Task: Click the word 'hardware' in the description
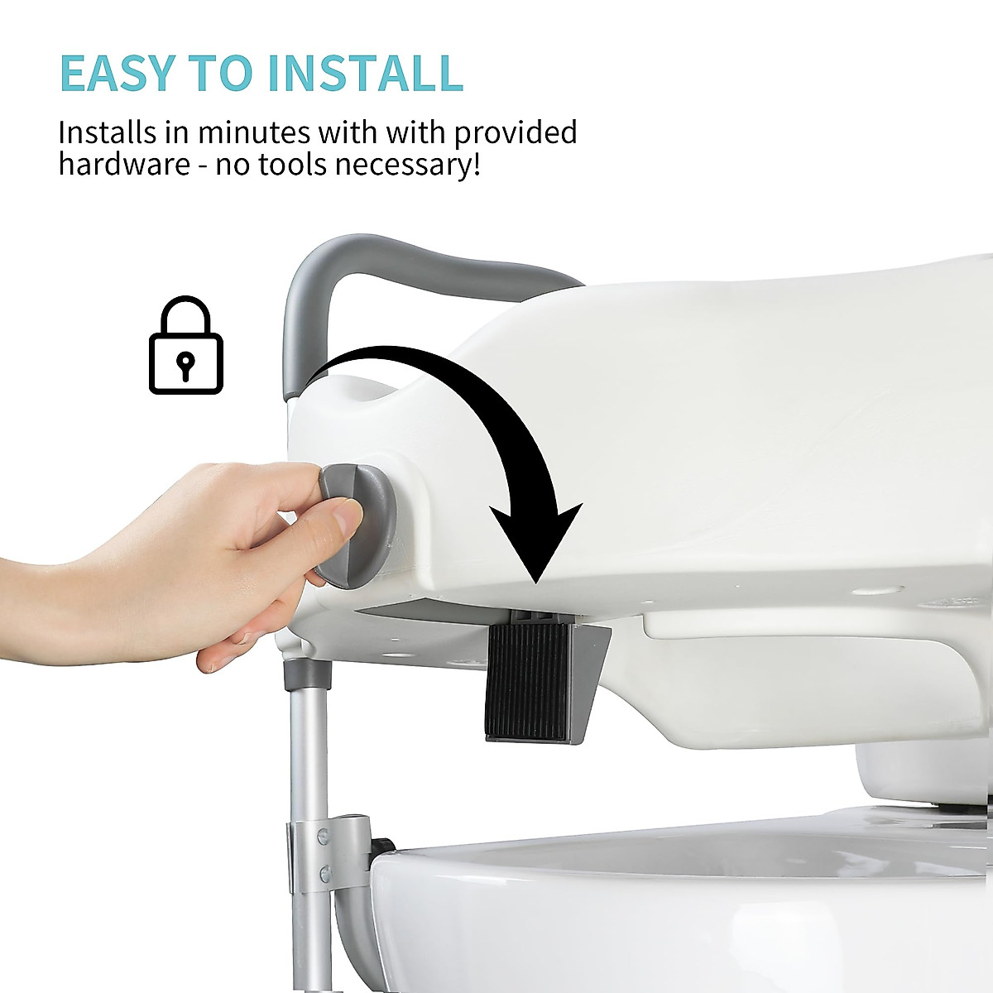click(124, 164)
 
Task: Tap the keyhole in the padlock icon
click(187, 364)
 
